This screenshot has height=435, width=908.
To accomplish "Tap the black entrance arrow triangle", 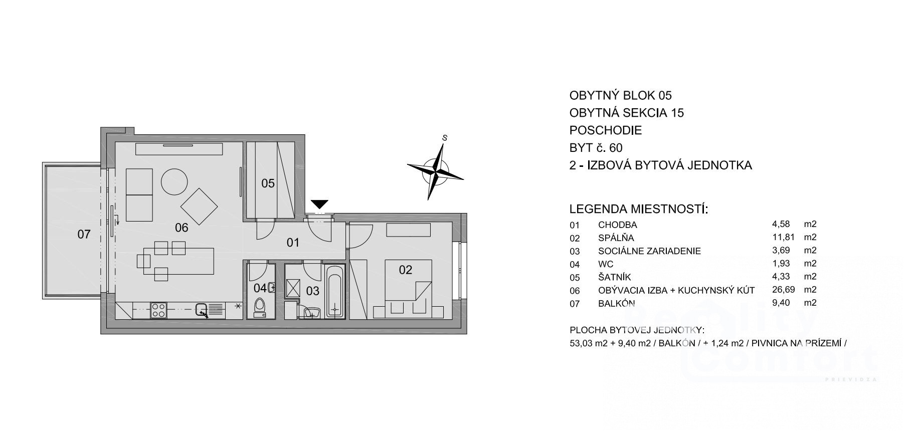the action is point(319,204).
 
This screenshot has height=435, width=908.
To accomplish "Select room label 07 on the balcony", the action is point(84,234).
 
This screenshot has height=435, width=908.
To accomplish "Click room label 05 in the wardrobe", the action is point(268,183).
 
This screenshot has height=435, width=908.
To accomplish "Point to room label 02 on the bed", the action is point(405,270).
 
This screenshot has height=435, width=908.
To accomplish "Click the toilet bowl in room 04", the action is point(260,307).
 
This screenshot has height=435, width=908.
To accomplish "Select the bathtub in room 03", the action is point(334,292).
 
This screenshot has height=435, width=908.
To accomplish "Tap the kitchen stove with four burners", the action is point(159,310).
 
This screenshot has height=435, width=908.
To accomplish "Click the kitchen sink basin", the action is point(202,310).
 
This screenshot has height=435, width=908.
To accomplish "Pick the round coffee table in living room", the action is point(174,181).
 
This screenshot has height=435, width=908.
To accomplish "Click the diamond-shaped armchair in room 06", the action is point(199,206).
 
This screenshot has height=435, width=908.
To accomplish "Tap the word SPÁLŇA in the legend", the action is point(616,238).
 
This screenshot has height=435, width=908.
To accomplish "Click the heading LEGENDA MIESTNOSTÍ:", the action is point(639,209).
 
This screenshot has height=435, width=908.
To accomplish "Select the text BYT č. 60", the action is point(596,148).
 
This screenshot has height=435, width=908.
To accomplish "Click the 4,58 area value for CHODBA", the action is point(781,225).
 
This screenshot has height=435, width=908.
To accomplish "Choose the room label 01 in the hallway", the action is point(293,243).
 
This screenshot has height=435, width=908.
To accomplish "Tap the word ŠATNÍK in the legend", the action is point(614,277).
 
